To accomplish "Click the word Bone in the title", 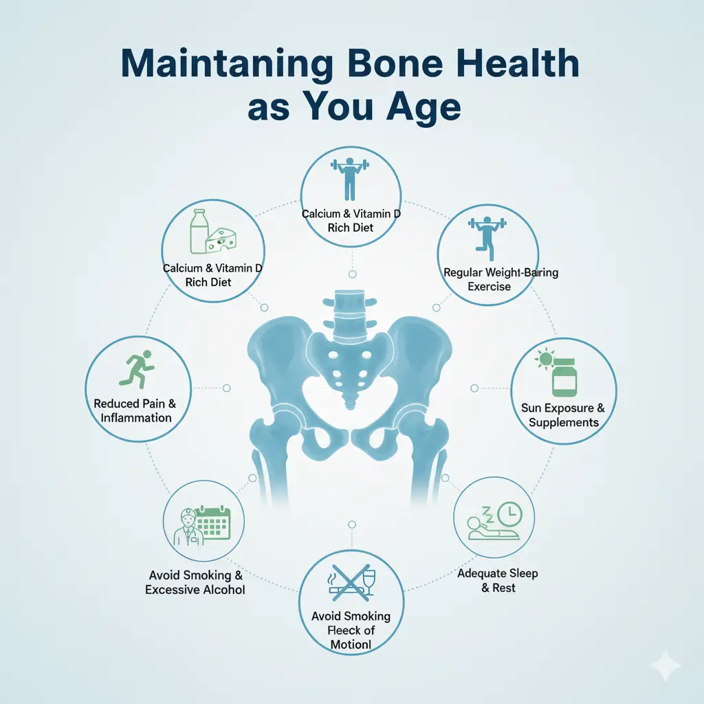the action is [x=395, y=63].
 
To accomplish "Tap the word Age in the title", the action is [x=423, y=108].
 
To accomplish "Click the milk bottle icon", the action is [x=197, y=232].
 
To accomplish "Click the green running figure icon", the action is [x=137, y=369].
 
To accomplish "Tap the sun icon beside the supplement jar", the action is [x=545, y=359].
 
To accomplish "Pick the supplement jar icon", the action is [x=564, y=377].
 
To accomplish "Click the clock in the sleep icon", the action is [x=509, y=514].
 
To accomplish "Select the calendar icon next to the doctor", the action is [x=214, y=523].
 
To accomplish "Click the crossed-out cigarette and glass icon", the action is [x=351, y=583].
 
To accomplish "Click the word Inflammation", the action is [x=136, y=418].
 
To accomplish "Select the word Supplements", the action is [x=564, y=423].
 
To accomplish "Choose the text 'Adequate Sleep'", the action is [x=498, y=573].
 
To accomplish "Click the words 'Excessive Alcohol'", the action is [x=195, y=589].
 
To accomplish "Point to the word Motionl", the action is [x=351, y=645].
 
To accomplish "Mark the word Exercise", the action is [x=489, y=287].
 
